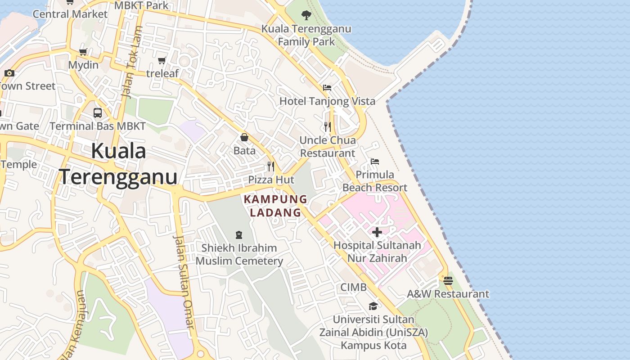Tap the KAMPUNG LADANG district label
(x=275, y=206)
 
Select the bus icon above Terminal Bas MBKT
(x=98, y=113)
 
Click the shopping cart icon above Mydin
(x=83, y=52)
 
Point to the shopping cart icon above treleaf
(x=162, y=60)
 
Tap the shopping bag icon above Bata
(x=244, y=137)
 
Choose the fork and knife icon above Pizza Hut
(x=271, y=166)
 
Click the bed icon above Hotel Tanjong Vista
(x=327, y=87)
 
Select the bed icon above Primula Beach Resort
(x=374, y=161)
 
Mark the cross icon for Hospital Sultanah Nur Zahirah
(x=377, y=232)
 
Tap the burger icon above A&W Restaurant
(x=448, y=281)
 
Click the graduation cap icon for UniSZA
(x=373, y=306)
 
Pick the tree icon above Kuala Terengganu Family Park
(x=306, y=15)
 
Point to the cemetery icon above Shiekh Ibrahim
(x=238, y=234)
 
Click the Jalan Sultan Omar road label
(x=185, y=281)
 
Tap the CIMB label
(x=353, y=287)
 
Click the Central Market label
(x=70, y=14)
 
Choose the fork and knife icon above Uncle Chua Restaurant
(x=328, y=127)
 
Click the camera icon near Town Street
(x=9, y=73)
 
